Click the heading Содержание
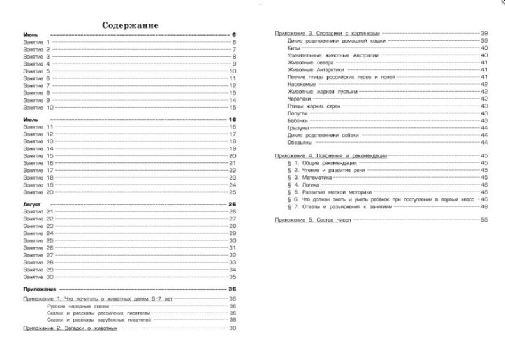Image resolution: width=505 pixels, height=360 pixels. pos(130,25)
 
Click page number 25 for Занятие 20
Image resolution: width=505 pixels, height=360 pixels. pos(233,192)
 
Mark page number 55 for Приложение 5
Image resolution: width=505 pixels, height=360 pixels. pos(484,219)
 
